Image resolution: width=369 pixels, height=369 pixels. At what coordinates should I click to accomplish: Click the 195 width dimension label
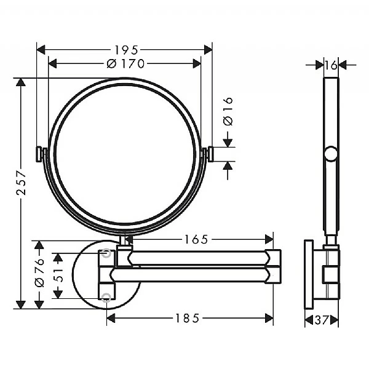click(125, 49)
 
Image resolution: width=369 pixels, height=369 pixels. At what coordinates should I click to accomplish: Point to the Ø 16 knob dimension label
click(228, 113)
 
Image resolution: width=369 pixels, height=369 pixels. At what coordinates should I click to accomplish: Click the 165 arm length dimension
click(196, 239)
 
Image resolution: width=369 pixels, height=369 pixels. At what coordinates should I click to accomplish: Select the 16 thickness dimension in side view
click(331, 64)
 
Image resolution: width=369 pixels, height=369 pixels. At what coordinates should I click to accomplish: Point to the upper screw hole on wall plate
click(108, 252)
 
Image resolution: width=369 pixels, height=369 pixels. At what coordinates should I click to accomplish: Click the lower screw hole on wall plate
click(108, 298)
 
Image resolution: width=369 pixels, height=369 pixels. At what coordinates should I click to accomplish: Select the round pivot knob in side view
click(331, 154)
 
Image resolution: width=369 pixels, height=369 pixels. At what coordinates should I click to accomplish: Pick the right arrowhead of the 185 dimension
click(270, 318)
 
